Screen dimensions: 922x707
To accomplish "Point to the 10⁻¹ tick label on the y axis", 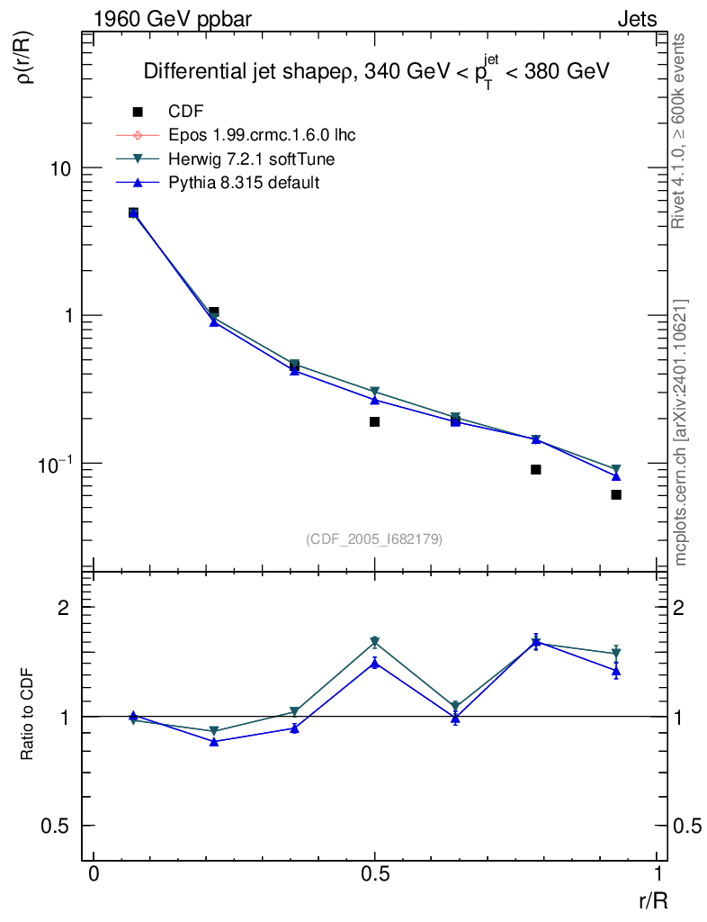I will [x=55, y=463].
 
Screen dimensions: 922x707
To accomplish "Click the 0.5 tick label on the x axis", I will [x=375, y=875].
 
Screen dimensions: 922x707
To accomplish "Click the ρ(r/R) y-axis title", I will [x=25, y=59].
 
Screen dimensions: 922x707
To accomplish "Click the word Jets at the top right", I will [x=636, y=19].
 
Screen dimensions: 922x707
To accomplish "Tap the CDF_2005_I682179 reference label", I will [x=374, y=538].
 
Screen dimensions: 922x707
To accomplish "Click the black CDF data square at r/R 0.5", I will [x=374, y=421].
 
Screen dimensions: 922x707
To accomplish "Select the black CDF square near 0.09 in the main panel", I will [x=535, y=469].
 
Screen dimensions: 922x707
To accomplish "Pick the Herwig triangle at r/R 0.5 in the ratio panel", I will [x=374, y=642].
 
